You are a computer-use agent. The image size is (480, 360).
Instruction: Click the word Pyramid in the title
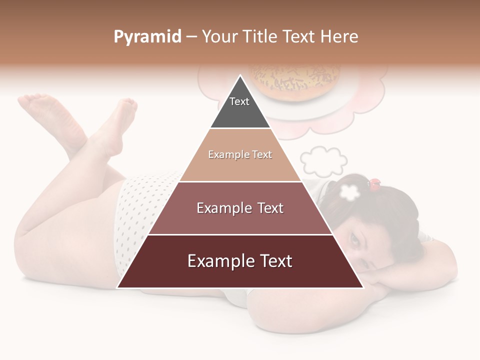pos(147,37)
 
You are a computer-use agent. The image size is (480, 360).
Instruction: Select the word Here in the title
pos(339,36)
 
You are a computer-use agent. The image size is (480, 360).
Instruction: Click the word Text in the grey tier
pos(239,101)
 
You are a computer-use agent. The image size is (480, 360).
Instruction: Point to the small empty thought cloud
pos(323,161)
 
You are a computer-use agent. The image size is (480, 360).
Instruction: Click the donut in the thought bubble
pos(295,82)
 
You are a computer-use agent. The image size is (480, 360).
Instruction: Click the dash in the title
pos(191,37)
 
